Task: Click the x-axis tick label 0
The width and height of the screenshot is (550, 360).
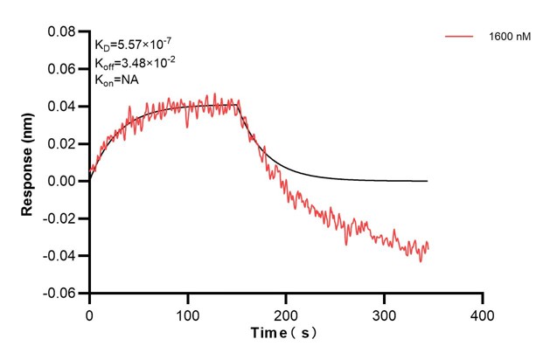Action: tap(89, 312)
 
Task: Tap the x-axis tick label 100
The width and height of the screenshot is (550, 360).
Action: tap(187, 312)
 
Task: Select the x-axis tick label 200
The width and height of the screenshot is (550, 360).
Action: tap(286, 312)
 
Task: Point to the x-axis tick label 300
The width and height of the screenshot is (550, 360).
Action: tap(384, 312)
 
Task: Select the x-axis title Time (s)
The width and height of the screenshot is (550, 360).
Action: tap(285, 335)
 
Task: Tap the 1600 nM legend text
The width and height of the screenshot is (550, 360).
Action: tap(509, 37)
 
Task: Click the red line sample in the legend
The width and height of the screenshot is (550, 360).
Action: tap(460, 37)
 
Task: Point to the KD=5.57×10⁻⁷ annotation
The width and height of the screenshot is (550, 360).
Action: tap(130, 45)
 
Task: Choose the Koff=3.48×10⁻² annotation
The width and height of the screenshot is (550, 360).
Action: tap(132, 62)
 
